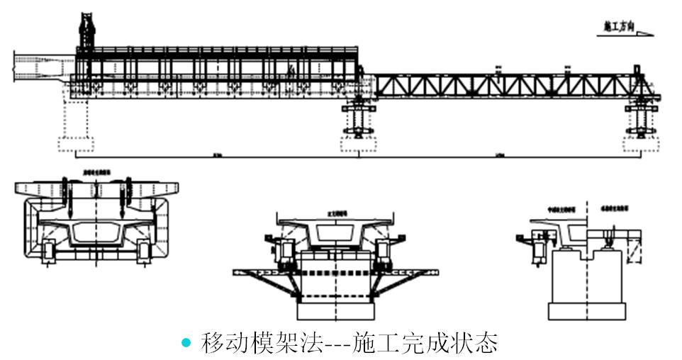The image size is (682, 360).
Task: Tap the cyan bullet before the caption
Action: (x=186, y=343)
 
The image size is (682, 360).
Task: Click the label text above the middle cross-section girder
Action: (x=335, y=213)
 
